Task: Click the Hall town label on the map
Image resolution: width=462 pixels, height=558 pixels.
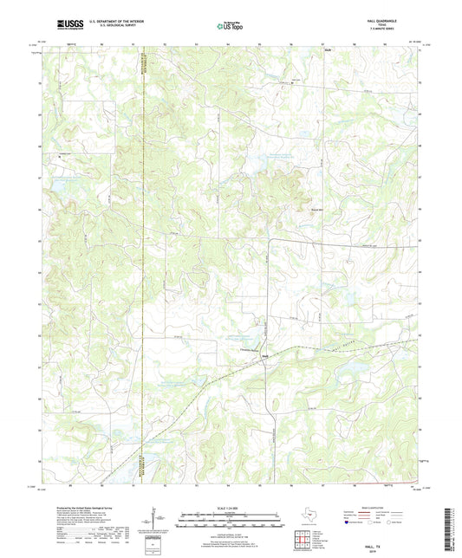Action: click(264, 354)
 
